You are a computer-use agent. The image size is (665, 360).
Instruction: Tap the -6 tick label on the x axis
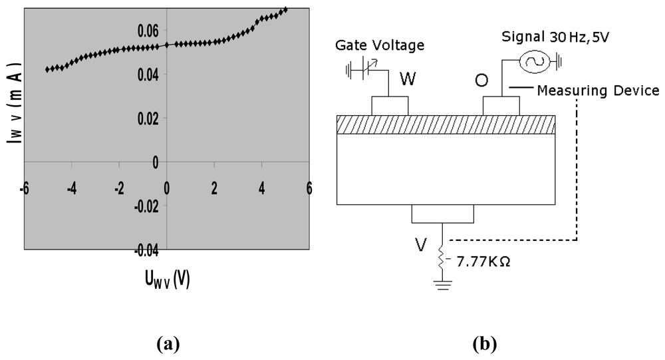coord(24,188)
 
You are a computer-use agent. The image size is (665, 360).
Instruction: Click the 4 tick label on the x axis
coord(262,188)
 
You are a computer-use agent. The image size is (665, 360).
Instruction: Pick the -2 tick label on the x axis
coord(118,188)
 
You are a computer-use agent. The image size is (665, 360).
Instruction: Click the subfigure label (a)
coord(168,344)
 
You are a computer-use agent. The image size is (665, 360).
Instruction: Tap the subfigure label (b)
coord(483,344)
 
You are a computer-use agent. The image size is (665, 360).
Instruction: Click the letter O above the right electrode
coord(483,81)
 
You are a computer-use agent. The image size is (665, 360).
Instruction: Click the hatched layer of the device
coord(446,124)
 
